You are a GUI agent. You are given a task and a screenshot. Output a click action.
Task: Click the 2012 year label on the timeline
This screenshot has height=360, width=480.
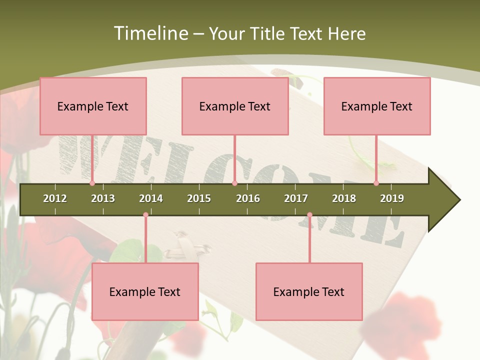(55, 198)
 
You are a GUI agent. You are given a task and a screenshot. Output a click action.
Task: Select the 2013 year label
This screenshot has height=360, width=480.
(103, 198)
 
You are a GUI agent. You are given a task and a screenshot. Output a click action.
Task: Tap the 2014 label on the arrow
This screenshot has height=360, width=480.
(151, 198)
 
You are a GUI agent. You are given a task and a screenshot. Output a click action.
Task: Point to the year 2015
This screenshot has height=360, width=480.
(199, 198)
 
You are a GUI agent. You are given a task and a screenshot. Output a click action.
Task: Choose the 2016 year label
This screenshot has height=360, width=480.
(248, 198)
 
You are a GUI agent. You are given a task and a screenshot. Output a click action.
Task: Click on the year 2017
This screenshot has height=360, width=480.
(296, 198)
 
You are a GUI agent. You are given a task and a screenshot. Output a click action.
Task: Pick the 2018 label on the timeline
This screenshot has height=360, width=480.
(344, 198)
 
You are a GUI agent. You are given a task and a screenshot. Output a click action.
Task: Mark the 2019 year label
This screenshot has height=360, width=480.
(392, 198)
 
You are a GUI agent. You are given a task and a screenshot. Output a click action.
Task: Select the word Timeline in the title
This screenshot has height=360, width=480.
(149, 33)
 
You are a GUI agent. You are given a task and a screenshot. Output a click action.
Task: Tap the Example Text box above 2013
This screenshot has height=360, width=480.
(93, 106)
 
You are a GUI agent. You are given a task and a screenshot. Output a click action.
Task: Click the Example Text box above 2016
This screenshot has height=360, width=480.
(235, 106)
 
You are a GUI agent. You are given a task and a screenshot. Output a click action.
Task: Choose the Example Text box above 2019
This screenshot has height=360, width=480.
(377, 106)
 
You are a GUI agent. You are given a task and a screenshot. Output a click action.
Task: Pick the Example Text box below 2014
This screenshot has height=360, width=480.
(145, 291)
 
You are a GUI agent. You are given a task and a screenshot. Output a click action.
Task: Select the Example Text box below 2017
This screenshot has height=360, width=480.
(309, 291)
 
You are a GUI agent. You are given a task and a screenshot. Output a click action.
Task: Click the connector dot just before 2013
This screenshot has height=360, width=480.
(92, 183)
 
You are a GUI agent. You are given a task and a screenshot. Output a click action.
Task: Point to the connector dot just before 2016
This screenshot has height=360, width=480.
(234, 183)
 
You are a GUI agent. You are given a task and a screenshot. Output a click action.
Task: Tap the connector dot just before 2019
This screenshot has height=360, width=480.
(376, 183)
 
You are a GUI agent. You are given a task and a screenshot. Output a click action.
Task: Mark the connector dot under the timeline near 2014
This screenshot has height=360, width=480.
(145, 215)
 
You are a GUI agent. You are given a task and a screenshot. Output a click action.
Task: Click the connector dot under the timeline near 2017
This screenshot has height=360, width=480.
(309, 215)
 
